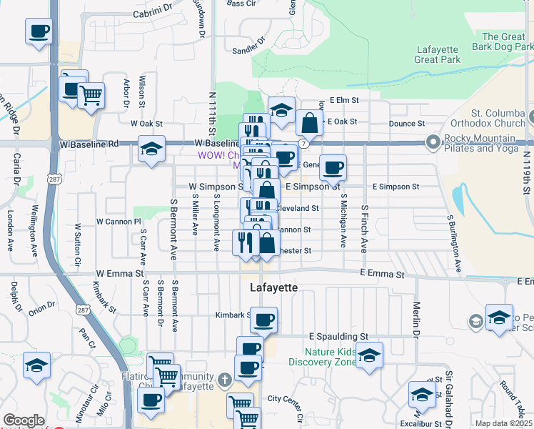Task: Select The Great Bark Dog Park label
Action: [x=503, y=42]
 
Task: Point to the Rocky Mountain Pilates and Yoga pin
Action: [x=432, y=142]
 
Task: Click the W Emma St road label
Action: [x=120, y=273]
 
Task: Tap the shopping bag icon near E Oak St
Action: [x=310, y=123]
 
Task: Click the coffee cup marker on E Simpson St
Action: [x=333, y=168]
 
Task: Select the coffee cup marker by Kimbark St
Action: [x=263, y=319]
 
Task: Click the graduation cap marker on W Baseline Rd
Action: [x=151, y=149]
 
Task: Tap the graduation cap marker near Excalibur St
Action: [x=422, y=395]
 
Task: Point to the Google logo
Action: [x=24, y=420]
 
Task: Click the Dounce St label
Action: [x=407, y=124]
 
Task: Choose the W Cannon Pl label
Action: [x=118, y=222]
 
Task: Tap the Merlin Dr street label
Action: [x=415, y=315]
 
